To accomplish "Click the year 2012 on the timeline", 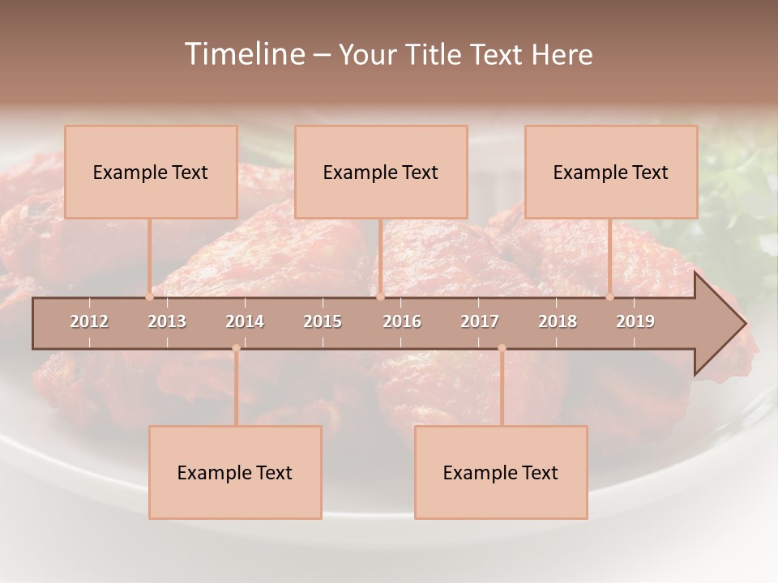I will click(89, 321).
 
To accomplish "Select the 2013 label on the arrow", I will click(167, 321).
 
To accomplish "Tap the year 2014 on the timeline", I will click(245, 321).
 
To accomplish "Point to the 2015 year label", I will click(323, 321).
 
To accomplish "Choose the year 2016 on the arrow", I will click(402, 321).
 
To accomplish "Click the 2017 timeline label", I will click(480, 321).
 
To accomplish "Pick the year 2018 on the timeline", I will click(558, 321).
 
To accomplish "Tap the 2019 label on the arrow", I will click(635, 321).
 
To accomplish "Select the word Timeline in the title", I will click(242, 54).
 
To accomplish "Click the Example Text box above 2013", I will click(151, 172).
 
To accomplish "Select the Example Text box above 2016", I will click(381, 172).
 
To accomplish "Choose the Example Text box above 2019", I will click(611, 172).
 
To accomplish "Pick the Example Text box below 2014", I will click(235, 472).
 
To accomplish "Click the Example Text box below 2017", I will click(501, 472).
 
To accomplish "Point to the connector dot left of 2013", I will click(149, 296).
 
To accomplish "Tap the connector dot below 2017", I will click(502, 348).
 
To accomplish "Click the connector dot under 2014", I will click(236, 348).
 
